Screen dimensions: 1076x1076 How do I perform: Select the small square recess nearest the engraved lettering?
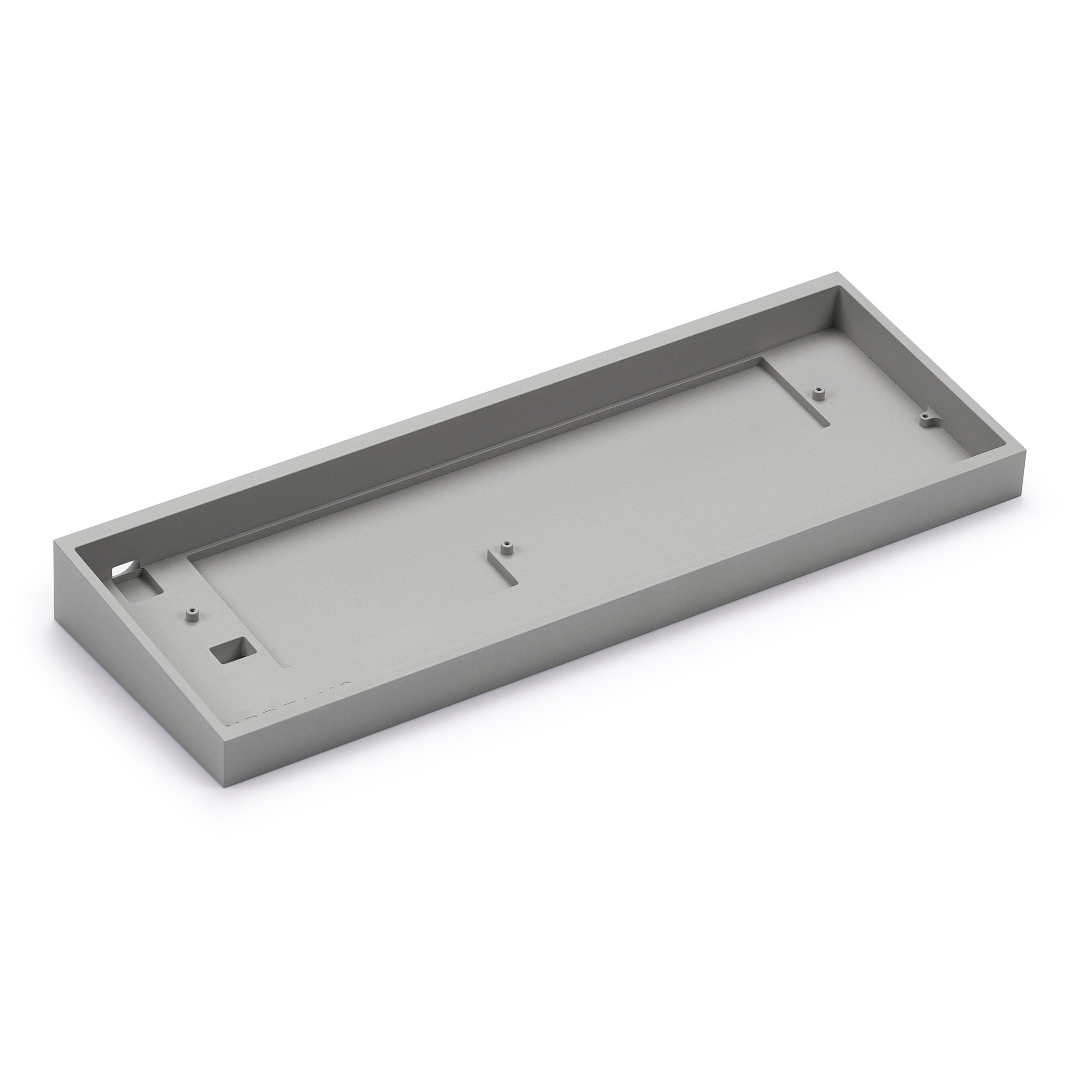230,649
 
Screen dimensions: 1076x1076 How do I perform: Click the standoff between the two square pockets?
193,614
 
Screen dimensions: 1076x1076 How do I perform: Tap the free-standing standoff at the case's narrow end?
818,393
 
